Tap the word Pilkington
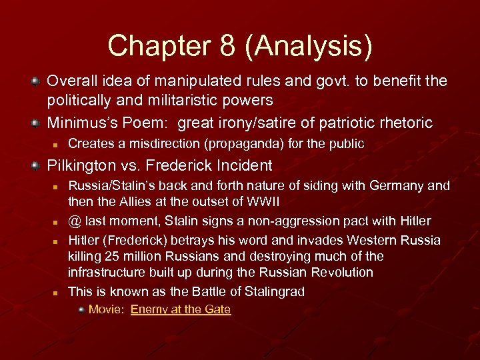pyautogui.click(x=78, y=165)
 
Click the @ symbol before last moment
pyautogui.click(x=74, y=221)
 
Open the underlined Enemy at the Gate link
pyautogui.click(x=181, y=309)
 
